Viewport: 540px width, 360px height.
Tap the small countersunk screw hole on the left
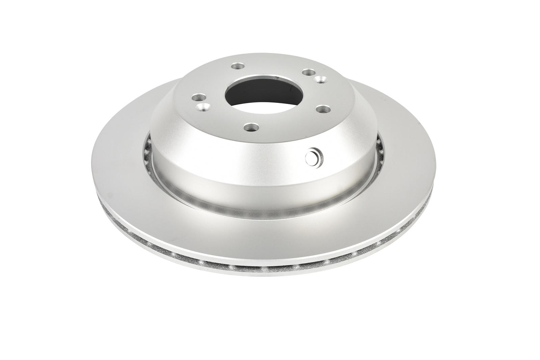pyautogui.click(x=201, y=108)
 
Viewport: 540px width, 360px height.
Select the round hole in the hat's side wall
pyautogui.click(x=314, y=157)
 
